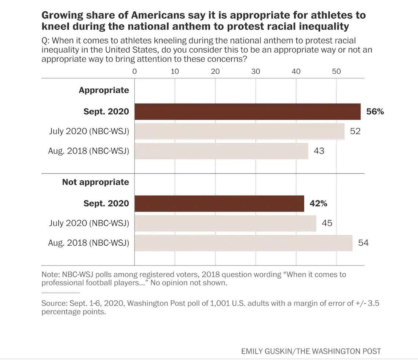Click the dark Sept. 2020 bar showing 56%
(x=247, y=111)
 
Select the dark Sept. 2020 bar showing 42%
(x=219, y=203)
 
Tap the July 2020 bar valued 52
(x=239, y=131)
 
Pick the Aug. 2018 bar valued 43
(x=221, y=151)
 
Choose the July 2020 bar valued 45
(x=225, y=223)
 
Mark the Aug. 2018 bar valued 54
(x=243, y=243)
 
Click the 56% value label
(x=375, y=111)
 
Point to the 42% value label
(x=318, y=203)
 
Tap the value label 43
(x=319, y=151)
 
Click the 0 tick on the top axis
(x=135, y=71)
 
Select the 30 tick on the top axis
(x=256, y=71)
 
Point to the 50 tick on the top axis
(x=336, y=71)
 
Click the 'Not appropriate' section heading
(x=95, y=182)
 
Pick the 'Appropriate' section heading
(x=104, y=90)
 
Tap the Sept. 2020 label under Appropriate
(x=106, y=111)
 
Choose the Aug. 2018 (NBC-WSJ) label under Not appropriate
(x=88, y=243)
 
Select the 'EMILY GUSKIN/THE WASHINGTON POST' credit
(x=311, y=351)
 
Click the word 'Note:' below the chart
(x=51, y=274)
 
